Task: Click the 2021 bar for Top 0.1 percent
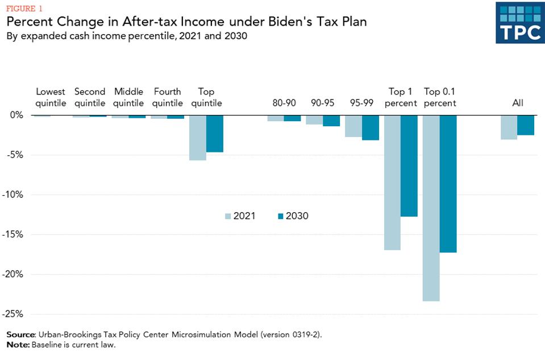(x=431, y=208)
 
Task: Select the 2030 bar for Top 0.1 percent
(x=448, y=184)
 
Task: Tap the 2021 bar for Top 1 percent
(x=392, y=182)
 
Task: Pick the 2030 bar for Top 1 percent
(x=409, y=165)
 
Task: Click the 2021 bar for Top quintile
(x=198, y=138)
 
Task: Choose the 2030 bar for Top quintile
(x=214, y=134)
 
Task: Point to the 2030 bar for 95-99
(x=371, y=127)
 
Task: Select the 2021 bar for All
(x=509, y=127)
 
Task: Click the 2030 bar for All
(x=526, y=125)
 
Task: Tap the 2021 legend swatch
(x=228, y=216)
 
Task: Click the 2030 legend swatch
(x=280, y=216)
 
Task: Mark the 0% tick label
(x=16, y=115)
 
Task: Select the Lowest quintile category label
(x=51, y=97)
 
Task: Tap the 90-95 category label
(x=322, y=103)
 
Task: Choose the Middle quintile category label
(x=128, y=97)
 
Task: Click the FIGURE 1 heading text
(x=24, y=8)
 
